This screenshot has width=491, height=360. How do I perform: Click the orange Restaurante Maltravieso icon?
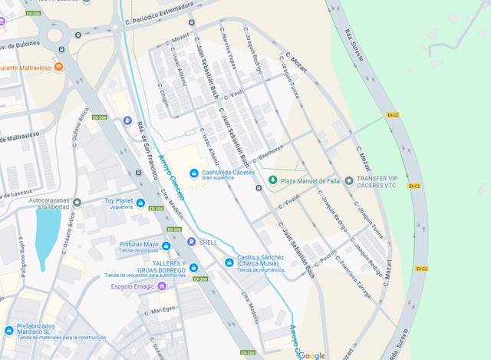coord(59,67)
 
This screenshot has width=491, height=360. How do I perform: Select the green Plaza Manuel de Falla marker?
coord(272,180)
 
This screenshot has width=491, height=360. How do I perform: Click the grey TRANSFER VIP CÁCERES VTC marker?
coord(349,181)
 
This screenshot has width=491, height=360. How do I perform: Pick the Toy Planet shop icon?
coord(140,203)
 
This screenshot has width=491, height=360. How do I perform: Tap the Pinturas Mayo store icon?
coord(166,246)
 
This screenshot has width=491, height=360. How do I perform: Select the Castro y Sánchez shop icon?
coord(229,263)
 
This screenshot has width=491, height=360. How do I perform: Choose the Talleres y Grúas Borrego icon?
coord(193,268)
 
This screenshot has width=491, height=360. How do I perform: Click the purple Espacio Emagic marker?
coord(161,286)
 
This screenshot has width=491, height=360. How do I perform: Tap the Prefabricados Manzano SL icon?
coord(9,331)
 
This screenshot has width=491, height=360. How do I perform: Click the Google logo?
coord(311,355)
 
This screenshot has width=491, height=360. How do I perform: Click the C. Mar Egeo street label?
coord(162,310)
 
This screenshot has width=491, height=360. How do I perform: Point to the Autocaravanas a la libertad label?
coord(54,203)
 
